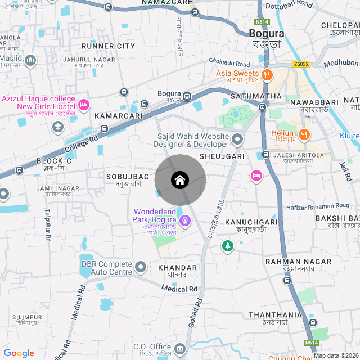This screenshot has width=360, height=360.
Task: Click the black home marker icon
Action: [x=179, y=180]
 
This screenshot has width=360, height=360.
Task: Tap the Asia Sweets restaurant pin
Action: [x=267, y=74]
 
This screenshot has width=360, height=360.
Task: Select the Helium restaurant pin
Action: [x=304, y=134]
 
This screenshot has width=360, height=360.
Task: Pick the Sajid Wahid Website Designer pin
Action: [x=237, y=138]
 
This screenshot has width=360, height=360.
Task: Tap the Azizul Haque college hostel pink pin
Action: [x=84, y=105]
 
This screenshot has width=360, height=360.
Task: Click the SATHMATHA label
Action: [x=255, y=96]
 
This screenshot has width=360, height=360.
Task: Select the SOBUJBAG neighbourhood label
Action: [x=127, y=177]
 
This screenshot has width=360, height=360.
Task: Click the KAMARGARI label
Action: [x=118, y=115]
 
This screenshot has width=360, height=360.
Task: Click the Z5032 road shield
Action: [x=301, y=65]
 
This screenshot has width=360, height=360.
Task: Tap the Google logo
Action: [x=19, y=353]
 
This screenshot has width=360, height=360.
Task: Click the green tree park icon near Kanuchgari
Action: [x=227, y=246]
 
